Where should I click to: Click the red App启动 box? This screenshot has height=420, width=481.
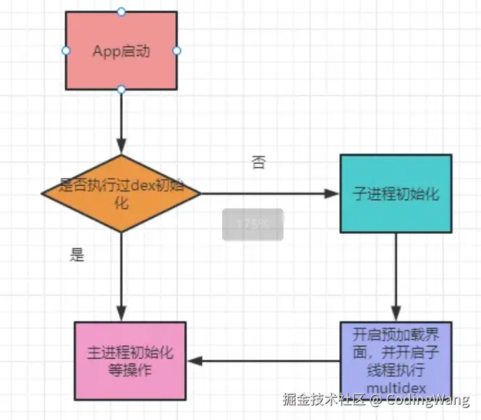coord(122,51)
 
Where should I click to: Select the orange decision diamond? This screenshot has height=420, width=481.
coord(121,193)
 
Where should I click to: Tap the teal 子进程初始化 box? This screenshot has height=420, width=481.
coord(396,194)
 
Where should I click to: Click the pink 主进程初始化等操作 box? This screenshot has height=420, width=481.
coord(130,361)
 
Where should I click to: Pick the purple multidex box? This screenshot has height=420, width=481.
coord(396,355)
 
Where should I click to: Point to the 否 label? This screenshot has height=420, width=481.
coord(258,163)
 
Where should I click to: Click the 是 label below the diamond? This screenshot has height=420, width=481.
coord(77,255)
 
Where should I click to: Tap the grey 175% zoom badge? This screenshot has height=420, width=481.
coord(253,224)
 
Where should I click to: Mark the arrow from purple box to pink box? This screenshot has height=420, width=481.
coord(263,361)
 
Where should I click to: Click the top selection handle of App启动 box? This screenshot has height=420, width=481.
coord(122,11)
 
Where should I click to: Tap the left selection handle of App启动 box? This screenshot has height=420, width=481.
coord(65,51)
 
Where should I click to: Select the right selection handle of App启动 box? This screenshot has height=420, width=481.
coord(177,51)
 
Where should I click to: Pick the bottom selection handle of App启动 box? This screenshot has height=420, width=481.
coord(122,89)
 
